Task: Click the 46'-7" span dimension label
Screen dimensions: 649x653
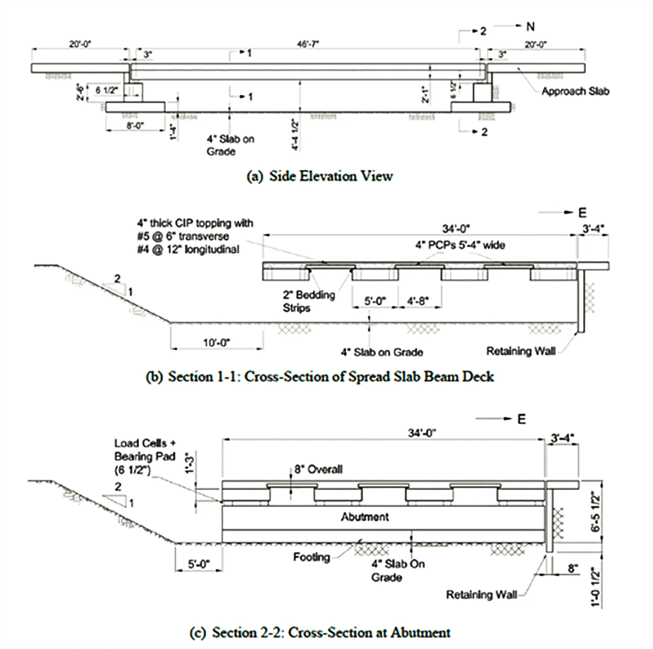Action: tap(308, 44)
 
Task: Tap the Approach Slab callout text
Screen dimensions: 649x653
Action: tap(575, 91)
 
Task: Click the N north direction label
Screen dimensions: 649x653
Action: tap(530, 27)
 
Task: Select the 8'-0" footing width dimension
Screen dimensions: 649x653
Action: tap(135, 125)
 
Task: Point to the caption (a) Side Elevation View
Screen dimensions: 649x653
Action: tap(320, 176)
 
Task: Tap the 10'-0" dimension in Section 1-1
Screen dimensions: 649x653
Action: tap(216, 342)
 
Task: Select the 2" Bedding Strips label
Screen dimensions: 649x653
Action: tap(309, 301)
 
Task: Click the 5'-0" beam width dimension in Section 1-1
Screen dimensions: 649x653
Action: tap(375, 301)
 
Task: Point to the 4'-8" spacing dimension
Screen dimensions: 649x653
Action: tap(418, 301)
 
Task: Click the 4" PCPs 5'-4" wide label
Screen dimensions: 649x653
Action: tap(460, 245)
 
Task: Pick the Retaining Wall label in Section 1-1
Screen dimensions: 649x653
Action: tap(520, 351)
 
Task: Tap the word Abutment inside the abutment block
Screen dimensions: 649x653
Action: tap(365, 517)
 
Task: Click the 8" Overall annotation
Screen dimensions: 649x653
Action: tap(318, 469)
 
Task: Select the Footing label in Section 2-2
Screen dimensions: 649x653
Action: tap(311, 557)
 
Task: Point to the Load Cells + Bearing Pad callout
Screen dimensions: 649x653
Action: tap(144, 457)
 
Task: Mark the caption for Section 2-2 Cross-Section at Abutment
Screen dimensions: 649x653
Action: tap(320, 633)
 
